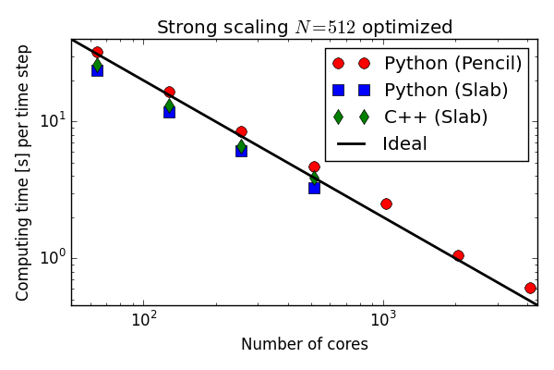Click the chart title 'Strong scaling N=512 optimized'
(x=305, y=27)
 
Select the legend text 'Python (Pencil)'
(x=452, y=63)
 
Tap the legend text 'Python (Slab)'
(x=446, y=90)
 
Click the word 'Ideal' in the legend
(x=405, y=143)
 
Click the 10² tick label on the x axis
(x=143, y=320)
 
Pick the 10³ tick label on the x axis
(x=383, y=320)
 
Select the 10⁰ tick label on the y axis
(x=51, y=259)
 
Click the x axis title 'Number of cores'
(x=305, y=344)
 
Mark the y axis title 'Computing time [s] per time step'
(x=23, y=176)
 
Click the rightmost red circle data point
(x=530, y=288)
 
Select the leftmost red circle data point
(x=97, y=52)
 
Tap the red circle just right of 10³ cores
(x=386, y=203)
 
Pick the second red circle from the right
(x=458, y=255)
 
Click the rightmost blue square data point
(x=314, y=188)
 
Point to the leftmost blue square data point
(x=97, y=70)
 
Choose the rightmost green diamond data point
(x=314, y=178)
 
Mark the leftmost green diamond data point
(x=97, y=64)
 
